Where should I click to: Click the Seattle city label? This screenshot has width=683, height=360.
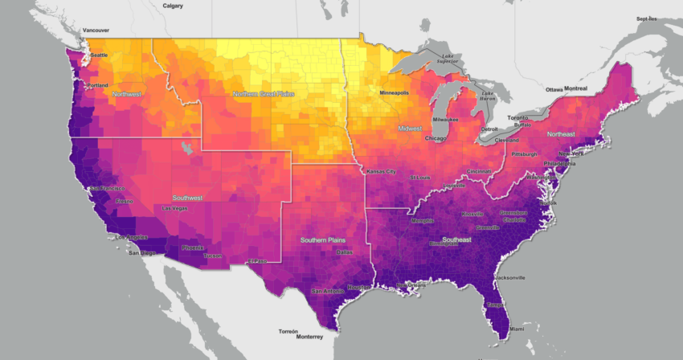pyautogui.click(x=99, y=55)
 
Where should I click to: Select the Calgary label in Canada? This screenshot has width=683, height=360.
pyautogui.click(x=173, y=6)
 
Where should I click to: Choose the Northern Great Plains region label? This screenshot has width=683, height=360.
pyautogui.click(x=264, y=94)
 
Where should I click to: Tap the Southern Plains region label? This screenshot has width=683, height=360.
pyautogui.click(x=325, y=240)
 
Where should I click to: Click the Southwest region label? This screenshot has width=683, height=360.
pyautogui.click(x=187, y=197)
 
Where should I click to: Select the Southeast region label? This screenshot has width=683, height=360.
pyautogui.click(x=456, y=239)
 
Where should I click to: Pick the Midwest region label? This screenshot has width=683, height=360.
pyautogui.click(x=411, y=128)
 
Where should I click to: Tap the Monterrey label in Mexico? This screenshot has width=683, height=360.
pyautogui.click(x=298, y=337)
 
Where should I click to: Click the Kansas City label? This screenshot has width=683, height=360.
pyautogui.click(x=382, y=171)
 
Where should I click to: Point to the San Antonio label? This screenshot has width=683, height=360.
pyautogui.click(x=327, y=290)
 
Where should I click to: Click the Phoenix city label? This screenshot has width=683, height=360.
pyautogui.click(x=193, y=247)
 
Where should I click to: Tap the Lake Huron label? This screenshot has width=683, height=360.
pyautogui.click(x=487, y=96)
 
